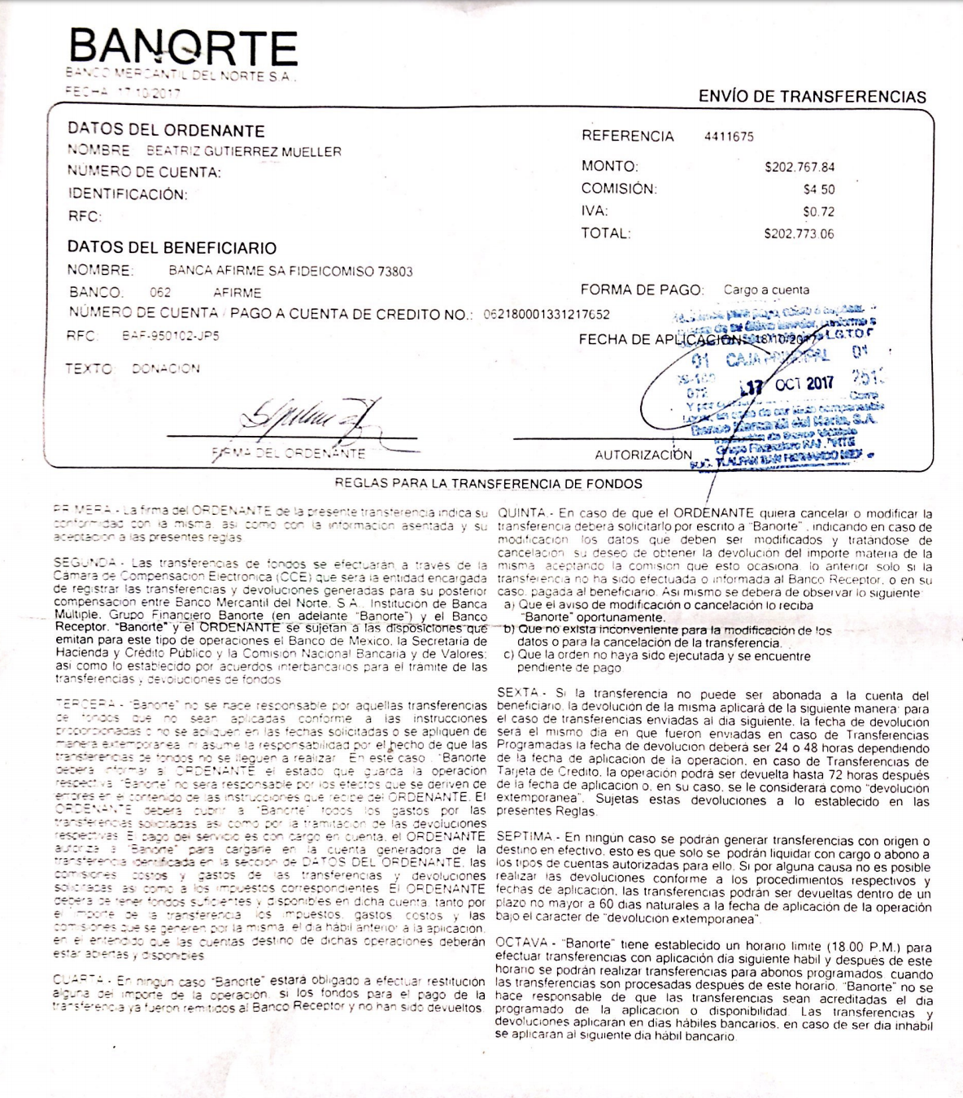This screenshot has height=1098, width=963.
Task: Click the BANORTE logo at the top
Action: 183,48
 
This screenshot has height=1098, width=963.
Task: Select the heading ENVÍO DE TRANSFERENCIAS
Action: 812,97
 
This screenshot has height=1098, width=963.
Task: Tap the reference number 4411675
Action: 729,137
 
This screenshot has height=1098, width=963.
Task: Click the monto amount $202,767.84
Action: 799,168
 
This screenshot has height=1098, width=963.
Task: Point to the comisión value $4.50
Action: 818,190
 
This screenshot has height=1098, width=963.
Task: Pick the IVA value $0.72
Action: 818,211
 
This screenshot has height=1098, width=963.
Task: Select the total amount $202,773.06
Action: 799,234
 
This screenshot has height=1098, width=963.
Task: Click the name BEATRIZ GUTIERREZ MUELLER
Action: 243,151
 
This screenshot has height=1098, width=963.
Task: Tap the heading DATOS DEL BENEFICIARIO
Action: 172,248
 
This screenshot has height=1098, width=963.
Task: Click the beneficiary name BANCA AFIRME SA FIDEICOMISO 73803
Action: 290,272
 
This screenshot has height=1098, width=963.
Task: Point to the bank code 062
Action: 160,293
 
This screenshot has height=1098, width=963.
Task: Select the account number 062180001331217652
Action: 547,314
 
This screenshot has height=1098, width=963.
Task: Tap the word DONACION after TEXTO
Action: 165,369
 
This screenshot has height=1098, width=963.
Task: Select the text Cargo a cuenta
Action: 766,290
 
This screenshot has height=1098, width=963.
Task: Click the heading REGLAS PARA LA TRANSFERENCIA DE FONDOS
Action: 488,484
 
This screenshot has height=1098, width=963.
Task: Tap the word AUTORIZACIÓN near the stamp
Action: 643,455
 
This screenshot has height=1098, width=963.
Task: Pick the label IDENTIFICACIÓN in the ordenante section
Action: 127,194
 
